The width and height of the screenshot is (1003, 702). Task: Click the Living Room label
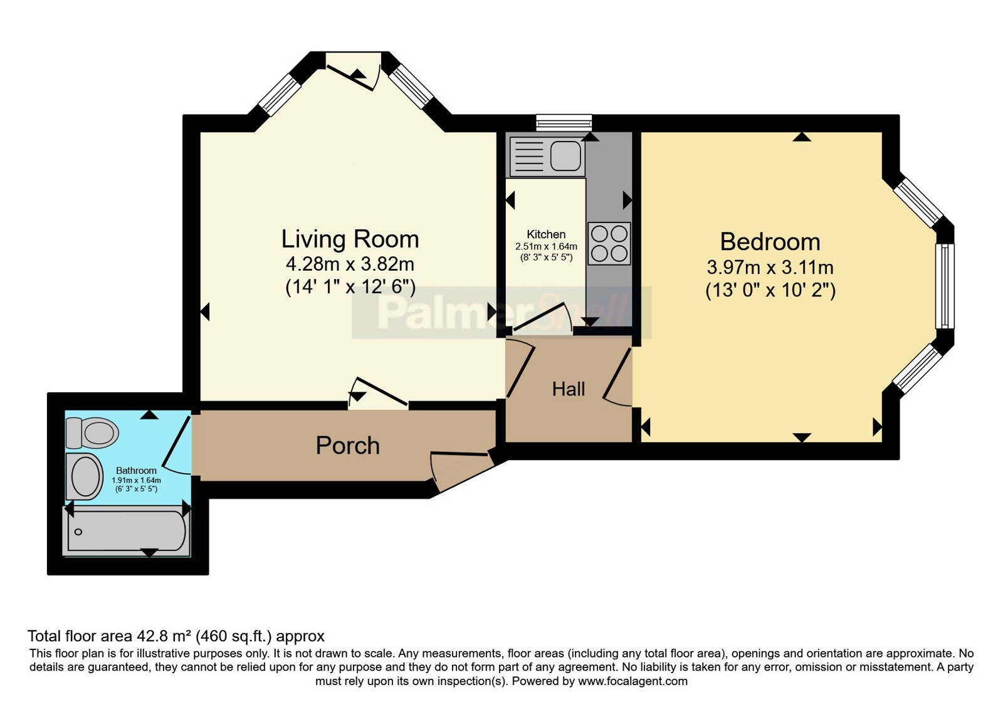(350, 239)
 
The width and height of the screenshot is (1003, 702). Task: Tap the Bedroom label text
(770, 242)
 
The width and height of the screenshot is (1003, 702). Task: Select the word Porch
(347, 446)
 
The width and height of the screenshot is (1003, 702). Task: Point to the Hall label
(568, 389)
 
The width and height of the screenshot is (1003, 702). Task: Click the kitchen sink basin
(565, 156)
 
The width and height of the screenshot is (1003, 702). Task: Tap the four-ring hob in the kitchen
(609, 243)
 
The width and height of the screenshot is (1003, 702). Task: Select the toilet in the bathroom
(92, 433)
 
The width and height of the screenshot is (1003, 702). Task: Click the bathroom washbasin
(85, 476)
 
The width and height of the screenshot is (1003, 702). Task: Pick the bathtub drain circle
(78, 532)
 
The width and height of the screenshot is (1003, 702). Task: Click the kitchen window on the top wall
(564, 123)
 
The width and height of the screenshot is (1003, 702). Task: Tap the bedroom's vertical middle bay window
(944, 286)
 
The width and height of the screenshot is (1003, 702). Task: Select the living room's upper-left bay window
(281, 95)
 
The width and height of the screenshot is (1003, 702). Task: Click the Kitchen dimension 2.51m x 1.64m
(546, 247)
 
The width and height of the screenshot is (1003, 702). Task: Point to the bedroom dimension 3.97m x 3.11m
(770, 268)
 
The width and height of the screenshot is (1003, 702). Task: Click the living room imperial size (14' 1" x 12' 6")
(350, 286)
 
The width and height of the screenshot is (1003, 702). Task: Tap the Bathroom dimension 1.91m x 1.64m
(136, 480)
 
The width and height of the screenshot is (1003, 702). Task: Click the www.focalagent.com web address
(633, 681)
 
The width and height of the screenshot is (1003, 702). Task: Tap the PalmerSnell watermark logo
(501, 313)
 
